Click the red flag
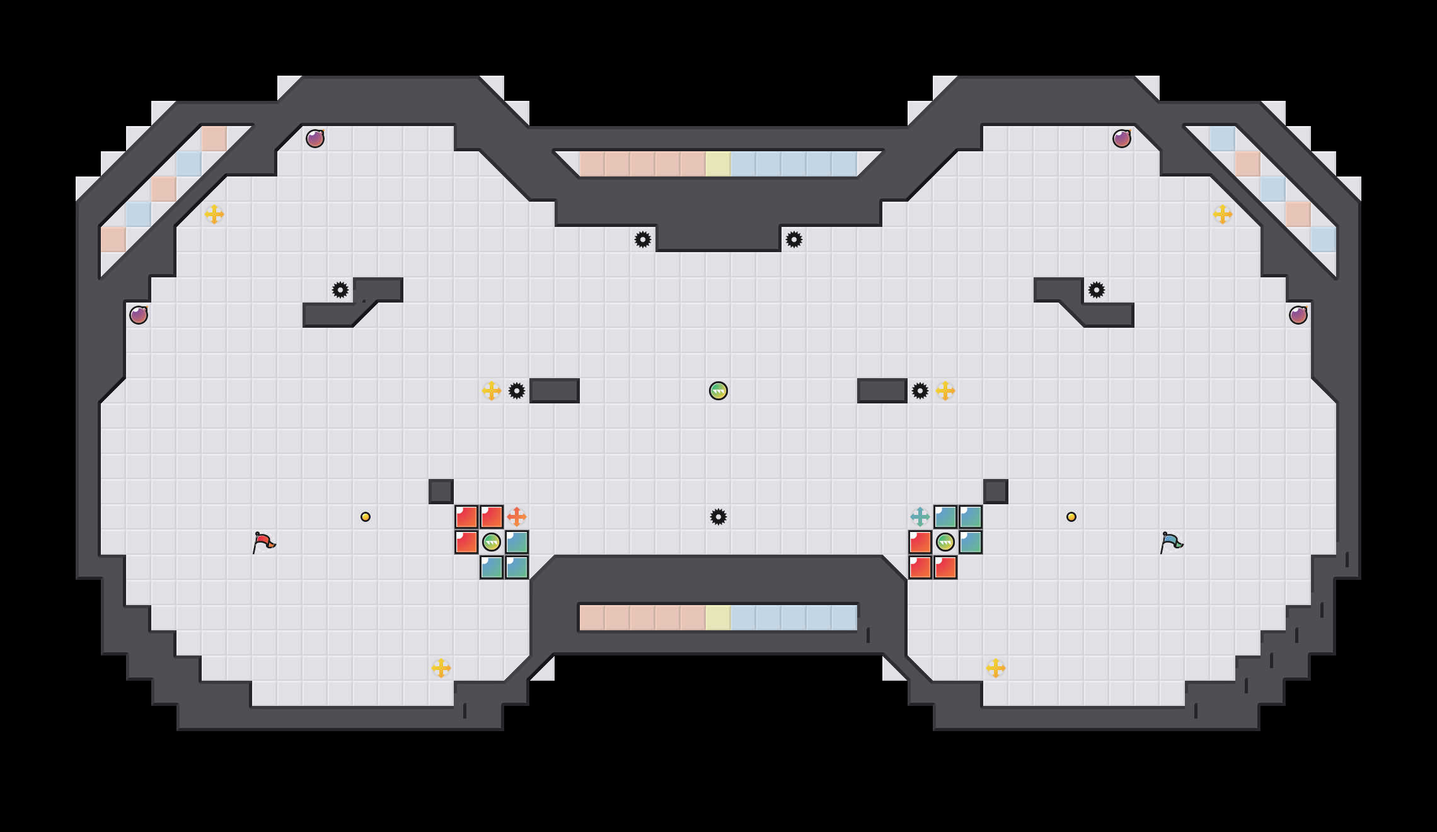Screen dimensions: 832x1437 [x=263, y=542]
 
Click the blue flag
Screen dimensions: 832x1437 [x=1171, y=542]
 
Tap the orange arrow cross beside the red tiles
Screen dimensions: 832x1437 [x=517, y=517]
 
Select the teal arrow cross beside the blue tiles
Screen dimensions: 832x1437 [x=920, y=517]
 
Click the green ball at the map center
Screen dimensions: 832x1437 [x=718, y=391]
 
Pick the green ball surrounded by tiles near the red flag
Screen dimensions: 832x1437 [x=492, y=542]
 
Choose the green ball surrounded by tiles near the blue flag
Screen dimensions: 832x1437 [x=945, y=542]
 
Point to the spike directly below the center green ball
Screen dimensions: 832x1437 [x=718, y=517]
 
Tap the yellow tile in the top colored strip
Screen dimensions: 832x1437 [x=718, y=164]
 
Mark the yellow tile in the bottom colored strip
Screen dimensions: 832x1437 [x=718, y=618]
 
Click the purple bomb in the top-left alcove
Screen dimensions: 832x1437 [x=315, y=139]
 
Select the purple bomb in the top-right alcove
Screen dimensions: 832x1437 [x=1122, y=139]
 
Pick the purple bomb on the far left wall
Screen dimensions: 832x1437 [x=139, y=315]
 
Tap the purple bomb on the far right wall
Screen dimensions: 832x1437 [x=1298, y=315]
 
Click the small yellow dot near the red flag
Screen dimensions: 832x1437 [x=366, y=517]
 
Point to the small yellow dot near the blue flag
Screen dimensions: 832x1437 [x=1071, y=517]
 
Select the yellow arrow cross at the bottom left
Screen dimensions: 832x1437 [x=441, y=668]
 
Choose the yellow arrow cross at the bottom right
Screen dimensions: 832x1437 [x=996, y=668]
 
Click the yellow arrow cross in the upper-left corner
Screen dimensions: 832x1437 [x=214, y=214]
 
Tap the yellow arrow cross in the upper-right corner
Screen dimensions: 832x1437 [x=1223, y=214]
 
